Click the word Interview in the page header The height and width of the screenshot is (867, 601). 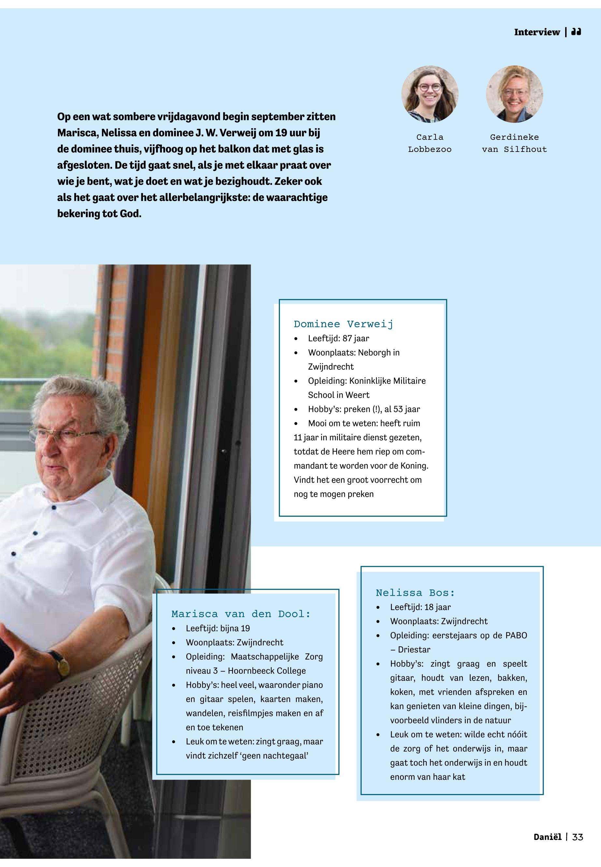click(x=537, y=32)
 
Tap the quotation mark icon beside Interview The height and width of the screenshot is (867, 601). click(x=576, y=32)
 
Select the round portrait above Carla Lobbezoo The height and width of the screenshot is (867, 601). click(x=430, y=94)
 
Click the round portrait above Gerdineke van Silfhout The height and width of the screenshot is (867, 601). click(x=514, y=94)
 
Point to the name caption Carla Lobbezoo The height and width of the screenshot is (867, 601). click(x=430, y=143)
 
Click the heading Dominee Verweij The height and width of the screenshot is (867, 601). click(x=343, y=324)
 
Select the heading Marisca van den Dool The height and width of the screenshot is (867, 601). click(x=241, y=614)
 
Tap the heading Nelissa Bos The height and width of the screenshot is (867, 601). click(x=415, y=593)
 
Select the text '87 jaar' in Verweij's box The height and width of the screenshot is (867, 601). click(x=355, y=338)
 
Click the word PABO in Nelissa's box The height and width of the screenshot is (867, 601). click(x=516, y=635)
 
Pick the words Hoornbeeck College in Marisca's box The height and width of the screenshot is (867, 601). click(x=266, y=671)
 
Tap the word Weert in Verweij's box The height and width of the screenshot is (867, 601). click(x=358, y=395)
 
